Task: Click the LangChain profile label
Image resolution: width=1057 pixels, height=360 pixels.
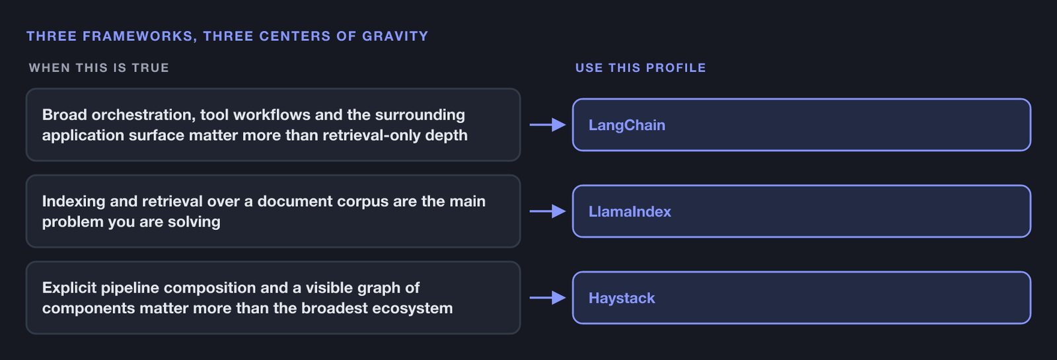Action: (x=627, y=125)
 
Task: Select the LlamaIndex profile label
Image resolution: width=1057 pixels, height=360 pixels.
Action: (x=630, y=211)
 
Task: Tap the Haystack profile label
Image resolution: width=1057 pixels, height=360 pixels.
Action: (x=622, y=298)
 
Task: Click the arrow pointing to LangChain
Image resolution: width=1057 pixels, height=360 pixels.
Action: (x=548, y=125)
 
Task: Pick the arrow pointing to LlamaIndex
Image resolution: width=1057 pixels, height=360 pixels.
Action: (x=548, y=211)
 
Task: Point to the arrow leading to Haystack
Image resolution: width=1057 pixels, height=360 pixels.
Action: (x=548, y=298)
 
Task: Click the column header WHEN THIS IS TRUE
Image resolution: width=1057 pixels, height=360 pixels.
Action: (x=98, y=68)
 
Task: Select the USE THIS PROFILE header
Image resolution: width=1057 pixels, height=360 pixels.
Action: (x=640, y=68)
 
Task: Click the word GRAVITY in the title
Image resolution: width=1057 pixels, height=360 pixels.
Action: (x=395, y=36)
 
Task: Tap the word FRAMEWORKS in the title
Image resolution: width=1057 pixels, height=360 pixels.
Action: (x=139, y=36)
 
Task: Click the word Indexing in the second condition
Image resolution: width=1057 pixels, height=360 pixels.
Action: (x=73, y=201)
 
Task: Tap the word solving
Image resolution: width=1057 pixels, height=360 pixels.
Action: (x=194, y=222)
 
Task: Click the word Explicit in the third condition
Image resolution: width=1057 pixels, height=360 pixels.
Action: (x=69, y=288)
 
